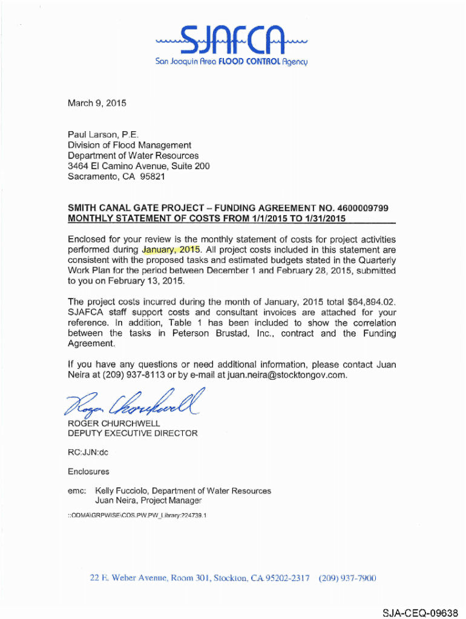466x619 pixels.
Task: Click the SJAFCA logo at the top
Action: (233, 41)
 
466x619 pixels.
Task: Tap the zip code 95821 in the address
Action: (152, 177)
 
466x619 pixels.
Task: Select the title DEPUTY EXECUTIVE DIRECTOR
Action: (133, 433)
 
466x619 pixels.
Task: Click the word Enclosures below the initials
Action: (88, 472)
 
